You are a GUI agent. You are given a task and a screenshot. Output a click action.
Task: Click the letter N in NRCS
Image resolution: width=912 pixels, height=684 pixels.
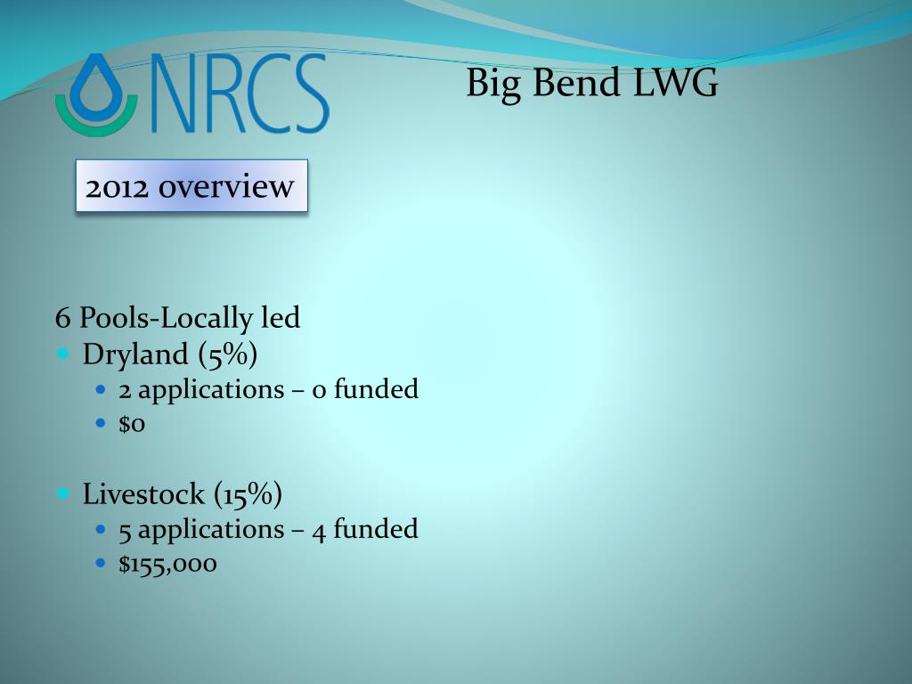174,93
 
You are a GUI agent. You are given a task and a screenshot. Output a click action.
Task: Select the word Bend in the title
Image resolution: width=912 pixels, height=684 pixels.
576,82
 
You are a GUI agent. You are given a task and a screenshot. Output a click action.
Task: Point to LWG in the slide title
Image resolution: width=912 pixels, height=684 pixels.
675,82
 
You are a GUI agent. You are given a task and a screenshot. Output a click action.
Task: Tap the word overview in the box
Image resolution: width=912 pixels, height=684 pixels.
226,186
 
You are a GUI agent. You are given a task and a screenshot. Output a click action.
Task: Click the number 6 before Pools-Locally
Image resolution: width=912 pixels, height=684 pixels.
63,318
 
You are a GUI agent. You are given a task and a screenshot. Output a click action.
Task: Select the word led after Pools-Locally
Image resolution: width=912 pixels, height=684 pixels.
281,317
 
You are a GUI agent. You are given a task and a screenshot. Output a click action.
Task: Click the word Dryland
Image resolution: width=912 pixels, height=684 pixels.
135,354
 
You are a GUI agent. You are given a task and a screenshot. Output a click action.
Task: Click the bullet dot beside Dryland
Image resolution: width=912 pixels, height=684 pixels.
63,353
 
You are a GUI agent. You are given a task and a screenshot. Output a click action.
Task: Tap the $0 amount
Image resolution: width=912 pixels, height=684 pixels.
132,423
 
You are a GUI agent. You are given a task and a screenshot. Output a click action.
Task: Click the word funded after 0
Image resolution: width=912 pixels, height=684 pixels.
376,388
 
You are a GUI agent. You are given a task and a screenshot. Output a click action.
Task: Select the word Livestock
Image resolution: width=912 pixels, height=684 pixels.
143,494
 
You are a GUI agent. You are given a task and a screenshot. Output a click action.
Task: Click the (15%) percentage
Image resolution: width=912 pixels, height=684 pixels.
248,494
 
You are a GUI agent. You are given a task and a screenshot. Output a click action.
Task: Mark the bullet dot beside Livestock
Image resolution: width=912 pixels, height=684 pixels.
63,493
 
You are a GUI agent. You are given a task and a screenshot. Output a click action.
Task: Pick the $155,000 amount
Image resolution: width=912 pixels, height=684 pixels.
167,564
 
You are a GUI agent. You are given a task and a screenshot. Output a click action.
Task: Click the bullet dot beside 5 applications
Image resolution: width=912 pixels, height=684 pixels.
102,529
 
